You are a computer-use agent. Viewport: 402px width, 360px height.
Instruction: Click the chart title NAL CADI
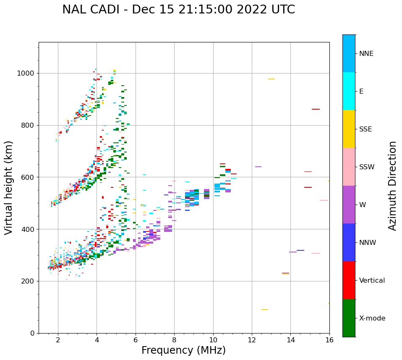coord(178,10)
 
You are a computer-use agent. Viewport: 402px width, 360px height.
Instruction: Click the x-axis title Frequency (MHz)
coord(183,350)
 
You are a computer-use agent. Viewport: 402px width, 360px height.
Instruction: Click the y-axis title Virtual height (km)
coord(9,188)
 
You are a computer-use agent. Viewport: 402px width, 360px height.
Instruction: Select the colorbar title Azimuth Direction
coord(392,186)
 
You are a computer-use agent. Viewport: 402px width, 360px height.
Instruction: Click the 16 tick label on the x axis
coord(329,340)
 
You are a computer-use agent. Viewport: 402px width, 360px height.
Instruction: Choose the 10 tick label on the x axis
coord(213,340)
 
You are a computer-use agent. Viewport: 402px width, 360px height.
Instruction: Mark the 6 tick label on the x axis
coord(136,340)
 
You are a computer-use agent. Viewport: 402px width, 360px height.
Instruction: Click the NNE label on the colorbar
coord(366,54)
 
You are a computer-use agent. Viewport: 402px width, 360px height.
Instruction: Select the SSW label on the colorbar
coord(367,167)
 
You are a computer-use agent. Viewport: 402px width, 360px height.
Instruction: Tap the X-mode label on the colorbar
coord(372,318)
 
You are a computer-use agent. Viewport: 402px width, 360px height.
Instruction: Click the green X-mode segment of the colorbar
coord(349,318)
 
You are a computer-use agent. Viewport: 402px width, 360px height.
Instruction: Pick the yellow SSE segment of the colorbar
coord(349,129)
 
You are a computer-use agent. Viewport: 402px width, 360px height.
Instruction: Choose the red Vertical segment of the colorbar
coord(349,280)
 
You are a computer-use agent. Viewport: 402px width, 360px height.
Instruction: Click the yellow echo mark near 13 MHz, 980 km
coord(271,79)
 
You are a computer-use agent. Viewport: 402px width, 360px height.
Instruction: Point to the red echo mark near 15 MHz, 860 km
coord(316,109)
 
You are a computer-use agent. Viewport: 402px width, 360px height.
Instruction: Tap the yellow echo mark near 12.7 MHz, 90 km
coord(265,310)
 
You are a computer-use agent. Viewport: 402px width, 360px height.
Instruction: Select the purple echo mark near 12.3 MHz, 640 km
coord(258,167)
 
